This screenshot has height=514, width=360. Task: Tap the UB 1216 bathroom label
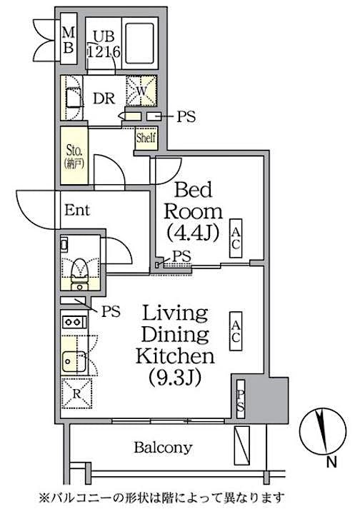(x=101, y=42)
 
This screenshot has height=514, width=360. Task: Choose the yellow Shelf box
(x=146, y=138)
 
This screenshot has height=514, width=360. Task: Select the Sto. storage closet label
(x=73, y=155)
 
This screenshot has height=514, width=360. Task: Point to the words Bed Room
(x=194, y=201)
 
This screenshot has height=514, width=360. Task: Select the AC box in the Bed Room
(x=236, y=238)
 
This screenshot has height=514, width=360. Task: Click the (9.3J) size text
(x=175, y=376)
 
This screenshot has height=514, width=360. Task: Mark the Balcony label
(x=163, y=448)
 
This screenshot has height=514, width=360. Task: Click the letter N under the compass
(x=330, y=463)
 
